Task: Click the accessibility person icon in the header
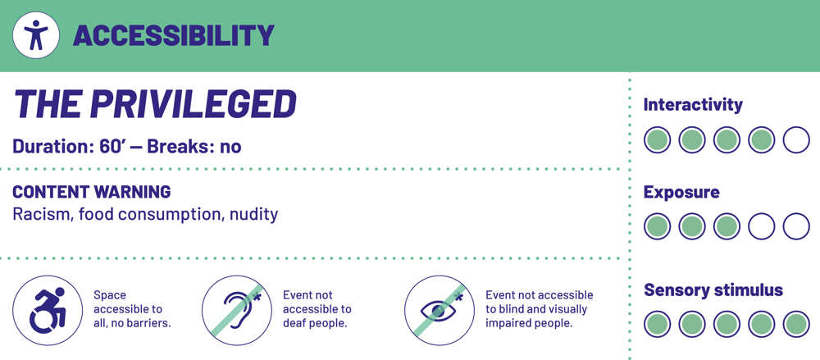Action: pyautogui.click(x=35, y=35)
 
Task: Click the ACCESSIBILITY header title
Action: pyautogui.click(x=174, y=35)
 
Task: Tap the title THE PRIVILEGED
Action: pyautogui.click(x=155, y=103)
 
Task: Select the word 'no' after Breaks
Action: pyautogui.click(x=230, y=148)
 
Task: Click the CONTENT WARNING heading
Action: pyautogui.click(x=92, y=192)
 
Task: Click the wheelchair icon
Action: pyautogui.click(x=48, y=310)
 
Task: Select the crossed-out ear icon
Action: pyautogui.click(x=237, y=310)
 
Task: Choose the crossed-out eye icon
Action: pyautogui.click(x=440, y=310)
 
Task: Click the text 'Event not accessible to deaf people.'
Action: pyautogui.click(x=317, y=309)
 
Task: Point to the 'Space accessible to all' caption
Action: pyautogui.click(x=132, y=309)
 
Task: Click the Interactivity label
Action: pyautogui.click(x=693, y=105)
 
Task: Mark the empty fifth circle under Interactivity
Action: pyautogui.click(x=796, y=139)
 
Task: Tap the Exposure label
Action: pyautogui.click(x=681, y=193)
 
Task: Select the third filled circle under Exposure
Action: pyautogui.click(x=727, y=226)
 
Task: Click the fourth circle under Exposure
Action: pyautogui.click(x=762, y=226)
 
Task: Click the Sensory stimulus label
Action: pyautogui.click(x=713, y=289)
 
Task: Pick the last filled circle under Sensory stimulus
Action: pyautogui.click(x=796, y=324)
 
